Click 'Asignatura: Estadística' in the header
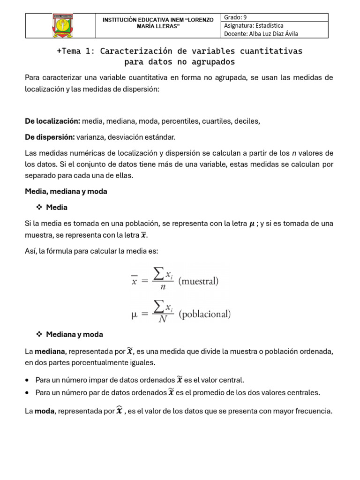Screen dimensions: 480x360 point(254,25)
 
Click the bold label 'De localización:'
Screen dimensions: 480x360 point(52,121)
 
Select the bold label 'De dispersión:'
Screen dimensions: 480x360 point(49,136)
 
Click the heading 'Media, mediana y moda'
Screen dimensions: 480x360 point(66,191)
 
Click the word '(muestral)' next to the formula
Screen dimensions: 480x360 point(199,282)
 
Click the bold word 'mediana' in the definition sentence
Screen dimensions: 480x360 point(52,351)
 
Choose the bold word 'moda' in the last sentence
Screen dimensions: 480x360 point(45,411)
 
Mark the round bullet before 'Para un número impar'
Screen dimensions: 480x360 point(29,380)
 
